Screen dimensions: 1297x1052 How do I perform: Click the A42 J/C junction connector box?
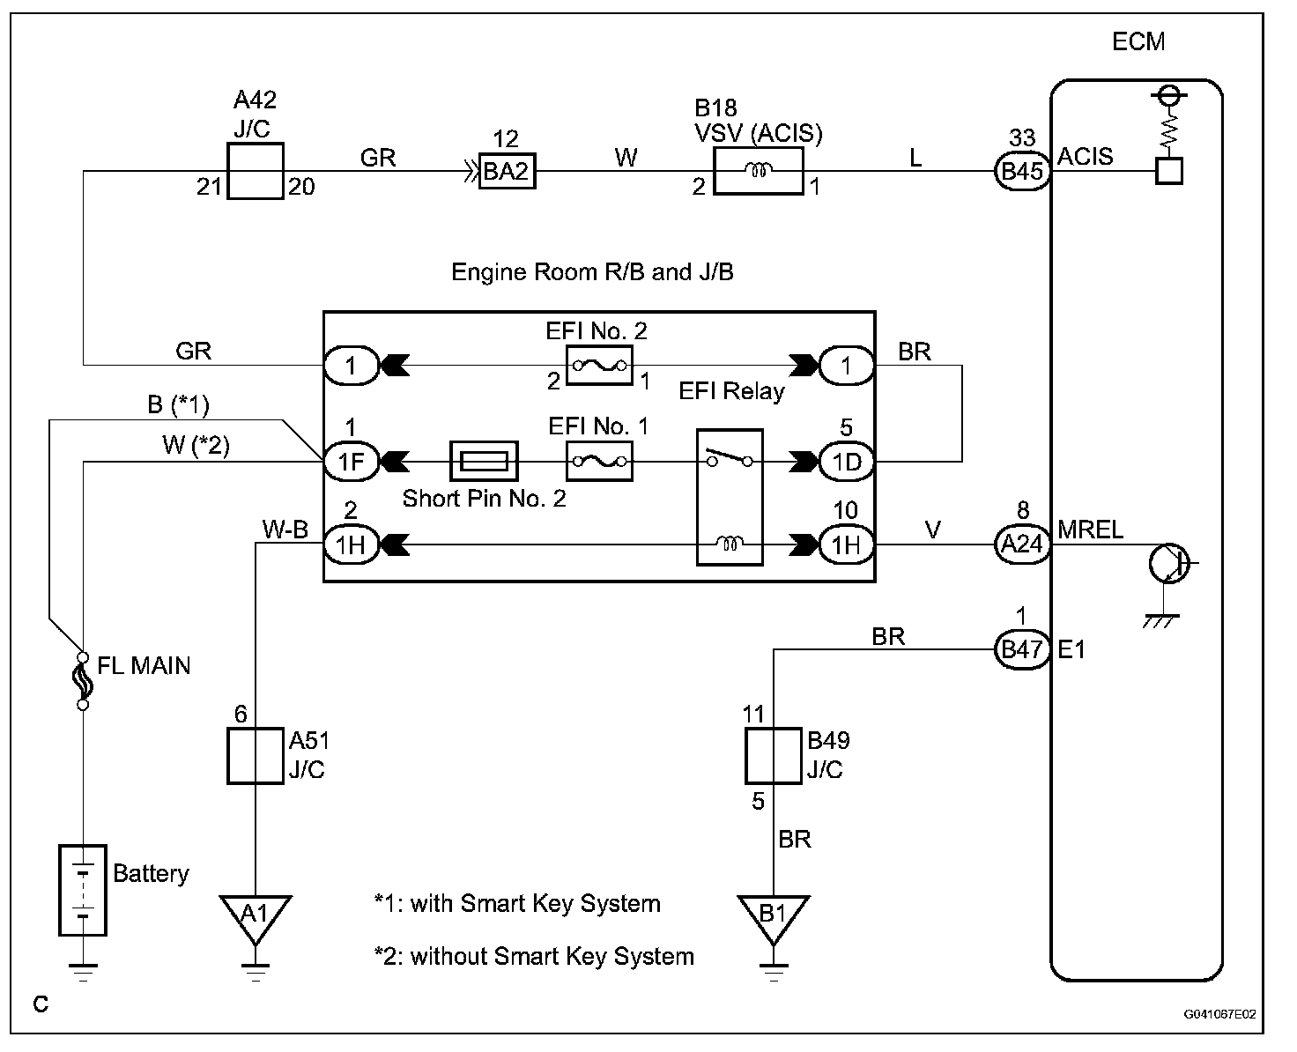(x=256, y=171)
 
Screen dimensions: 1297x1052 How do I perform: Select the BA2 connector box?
(x=507, y=171)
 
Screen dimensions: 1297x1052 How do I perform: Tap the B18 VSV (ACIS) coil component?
(x=758, y=172)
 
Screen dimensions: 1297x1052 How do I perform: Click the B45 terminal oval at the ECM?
(x=1022, y=172)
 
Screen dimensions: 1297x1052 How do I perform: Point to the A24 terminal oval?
(x=1022, y=544)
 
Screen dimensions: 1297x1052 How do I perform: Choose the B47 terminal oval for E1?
(x=1022, y=649)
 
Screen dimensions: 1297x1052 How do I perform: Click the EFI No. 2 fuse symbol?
(x=599, y=366)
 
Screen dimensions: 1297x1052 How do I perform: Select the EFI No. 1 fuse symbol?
(x=599, y=462)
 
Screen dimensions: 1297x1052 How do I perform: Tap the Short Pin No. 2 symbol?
(x=484, y=462)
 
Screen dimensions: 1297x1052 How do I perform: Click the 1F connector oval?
(x=352, y=462)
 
